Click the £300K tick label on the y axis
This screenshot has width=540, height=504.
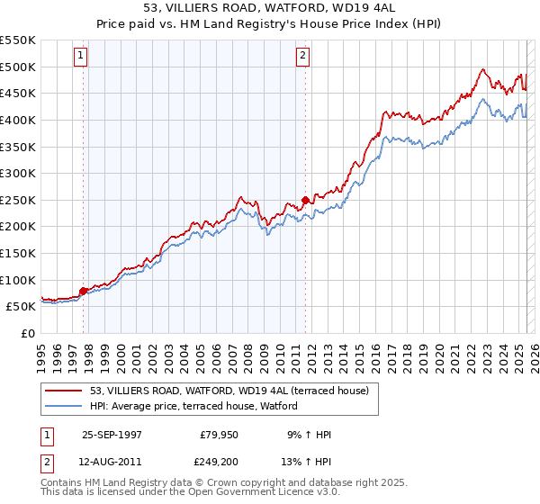[x=18, y=173]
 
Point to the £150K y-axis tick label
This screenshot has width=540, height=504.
[x=18, y=253]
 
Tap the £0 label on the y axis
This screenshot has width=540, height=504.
[x=29, y=333]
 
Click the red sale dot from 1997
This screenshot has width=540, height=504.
[x=84, y=290]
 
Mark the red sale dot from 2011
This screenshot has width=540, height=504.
[x=305, y=200]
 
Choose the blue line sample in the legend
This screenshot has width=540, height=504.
[x=64, y=406]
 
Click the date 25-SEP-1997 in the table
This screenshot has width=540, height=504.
[x=112, y=435]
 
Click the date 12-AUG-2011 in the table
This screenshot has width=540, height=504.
[x=112, y=463]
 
